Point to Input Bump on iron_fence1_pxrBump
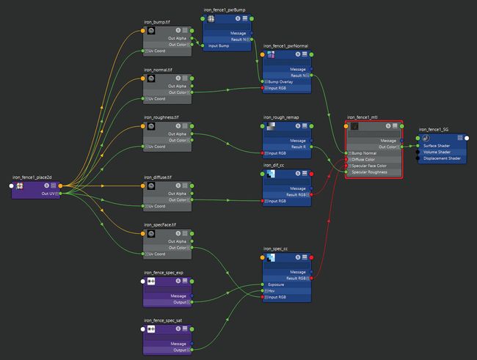[223, 45]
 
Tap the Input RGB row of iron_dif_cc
[283, 200]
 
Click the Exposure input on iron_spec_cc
[283, 284]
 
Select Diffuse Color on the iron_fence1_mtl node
[371, 160]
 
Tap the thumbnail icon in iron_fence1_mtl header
[355, 126]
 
